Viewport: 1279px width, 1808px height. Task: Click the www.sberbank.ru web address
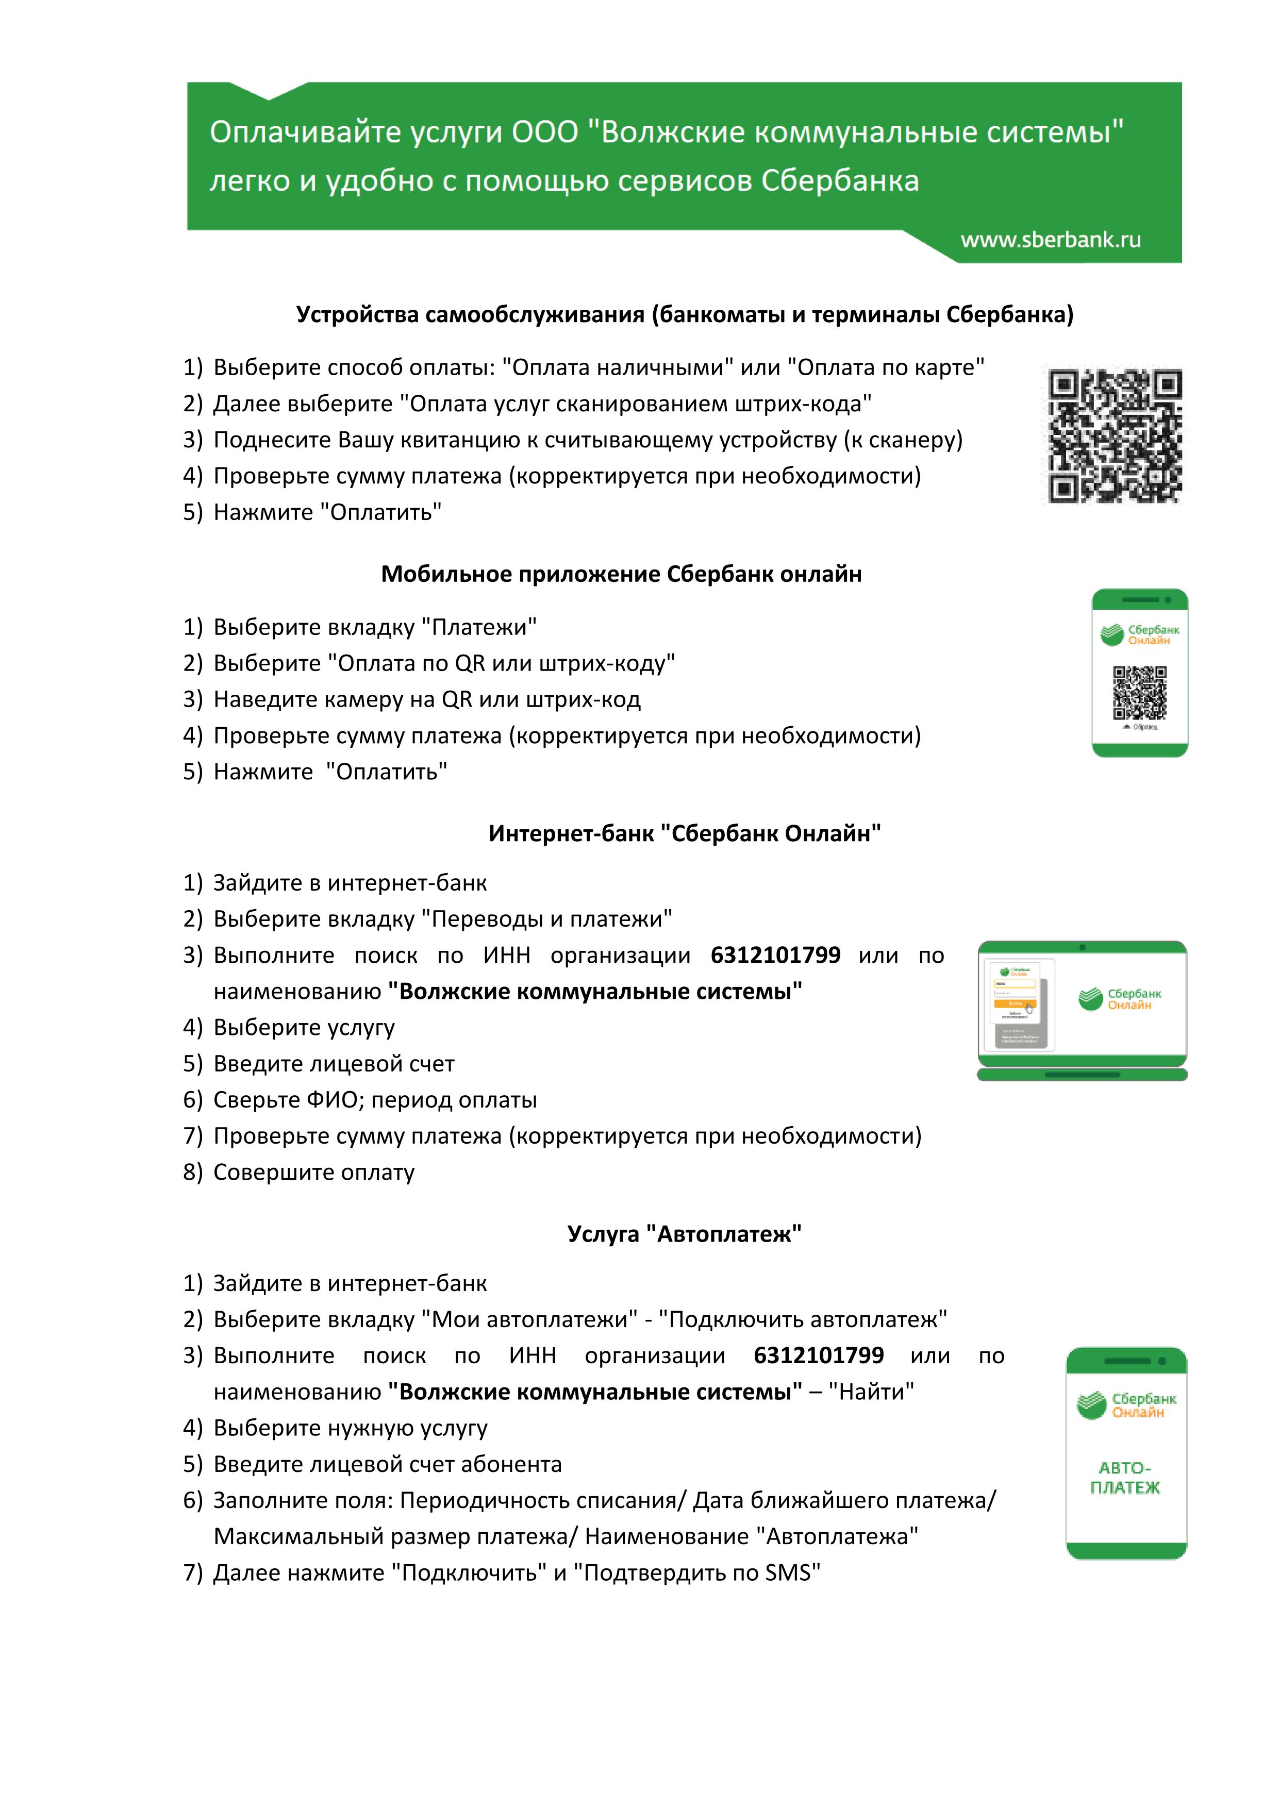1051,240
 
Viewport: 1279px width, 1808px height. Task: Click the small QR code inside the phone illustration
1139,693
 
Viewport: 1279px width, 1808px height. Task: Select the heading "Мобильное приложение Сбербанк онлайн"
621,574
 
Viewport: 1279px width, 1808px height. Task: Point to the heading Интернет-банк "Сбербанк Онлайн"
685,833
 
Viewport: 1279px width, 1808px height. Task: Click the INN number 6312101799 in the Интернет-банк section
775,955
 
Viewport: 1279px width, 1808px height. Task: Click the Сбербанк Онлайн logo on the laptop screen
1119,998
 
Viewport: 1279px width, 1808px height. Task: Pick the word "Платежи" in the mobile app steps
479,628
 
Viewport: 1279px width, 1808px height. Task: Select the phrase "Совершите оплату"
313,1173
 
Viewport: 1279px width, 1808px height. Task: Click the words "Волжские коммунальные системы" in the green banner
861,132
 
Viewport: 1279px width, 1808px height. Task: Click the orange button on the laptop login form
1015,1003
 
